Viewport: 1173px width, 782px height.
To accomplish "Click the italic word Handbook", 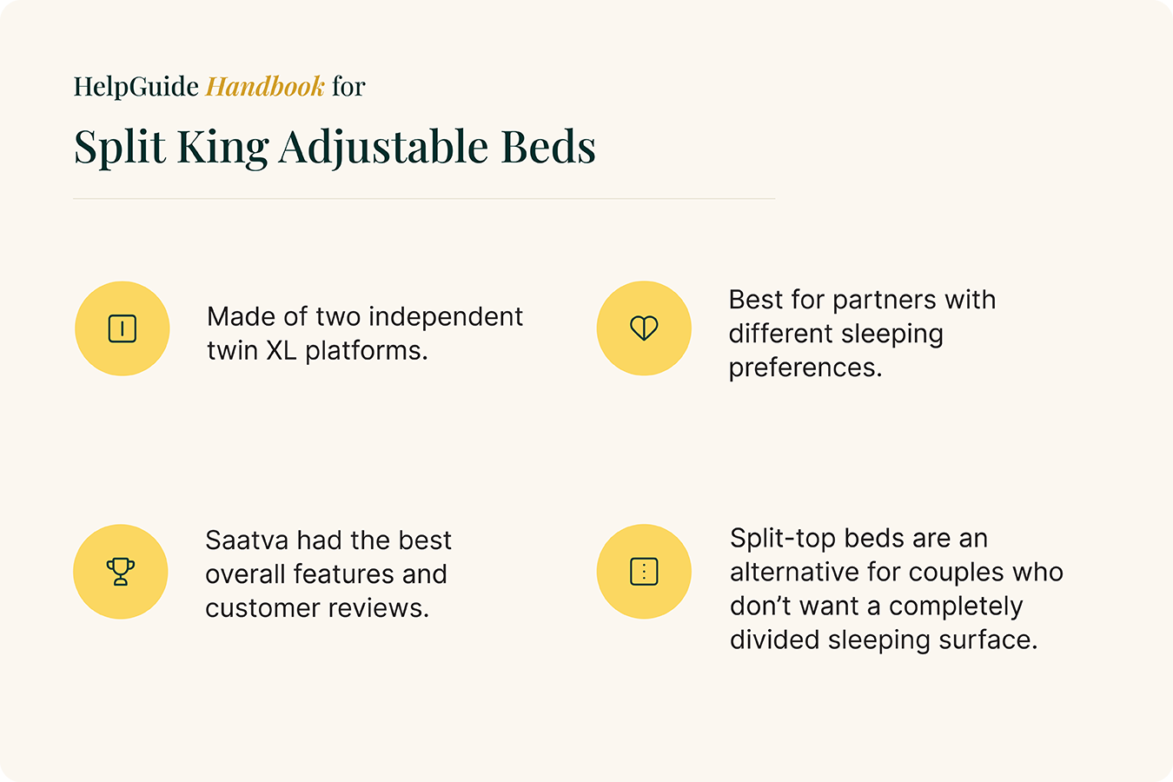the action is click(x=265, y=86).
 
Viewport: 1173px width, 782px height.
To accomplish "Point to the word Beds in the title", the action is click(x=548, y=147).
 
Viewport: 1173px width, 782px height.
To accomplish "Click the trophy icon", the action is click(x=121, y=572).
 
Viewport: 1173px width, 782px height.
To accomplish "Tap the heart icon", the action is click(x=644, y=328).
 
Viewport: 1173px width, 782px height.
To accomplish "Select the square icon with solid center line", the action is click(x=123, y=328).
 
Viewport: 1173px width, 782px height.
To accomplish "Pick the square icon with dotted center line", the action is click(x=644, y=572).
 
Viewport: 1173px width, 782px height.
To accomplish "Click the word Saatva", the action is click(x=247, y=540).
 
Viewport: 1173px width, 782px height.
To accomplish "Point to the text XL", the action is click(x=282, y=350).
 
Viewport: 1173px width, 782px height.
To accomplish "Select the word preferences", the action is click(x=805, y=368).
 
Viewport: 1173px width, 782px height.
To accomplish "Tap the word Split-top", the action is click(x=783, y=539).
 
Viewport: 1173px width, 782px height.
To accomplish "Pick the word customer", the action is click(x=262, y=608).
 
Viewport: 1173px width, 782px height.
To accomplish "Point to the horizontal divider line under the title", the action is click(x=424, y=199).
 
